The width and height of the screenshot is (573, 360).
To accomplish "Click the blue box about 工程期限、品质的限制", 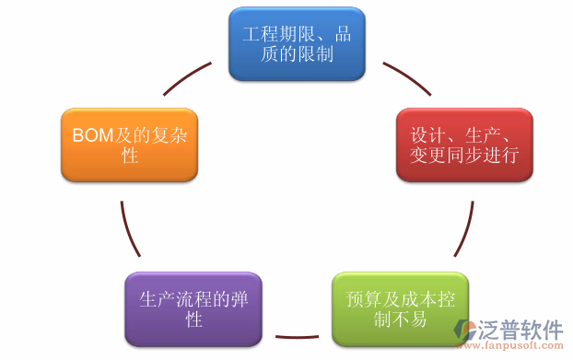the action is click(x=297, y=43).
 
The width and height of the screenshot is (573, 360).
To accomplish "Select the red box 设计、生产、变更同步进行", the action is click(x=464, y=145).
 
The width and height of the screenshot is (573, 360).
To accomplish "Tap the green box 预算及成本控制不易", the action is click(x=400, y=309).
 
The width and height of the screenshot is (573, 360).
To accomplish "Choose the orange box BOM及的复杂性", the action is click(x=130, y=145).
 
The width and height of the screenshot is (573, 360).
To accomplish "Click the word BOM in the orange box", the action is click(x=92, y=135).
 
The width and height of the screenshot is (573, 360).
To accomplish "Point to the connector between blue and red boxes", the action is click(x=406, y=78).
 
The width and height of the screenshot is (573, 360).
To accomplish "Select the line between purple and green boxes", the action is click(x=297, y=335).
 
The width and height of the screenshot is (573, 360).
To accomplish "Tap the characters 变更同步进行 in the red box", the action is click(x=464, y=155).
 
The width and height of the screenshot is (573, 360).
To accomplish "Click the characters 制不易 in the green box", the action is click(x=400, y=319).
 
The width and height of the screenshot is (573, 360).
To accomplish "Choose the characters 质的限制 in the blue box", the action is click(x=297, y=53).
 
